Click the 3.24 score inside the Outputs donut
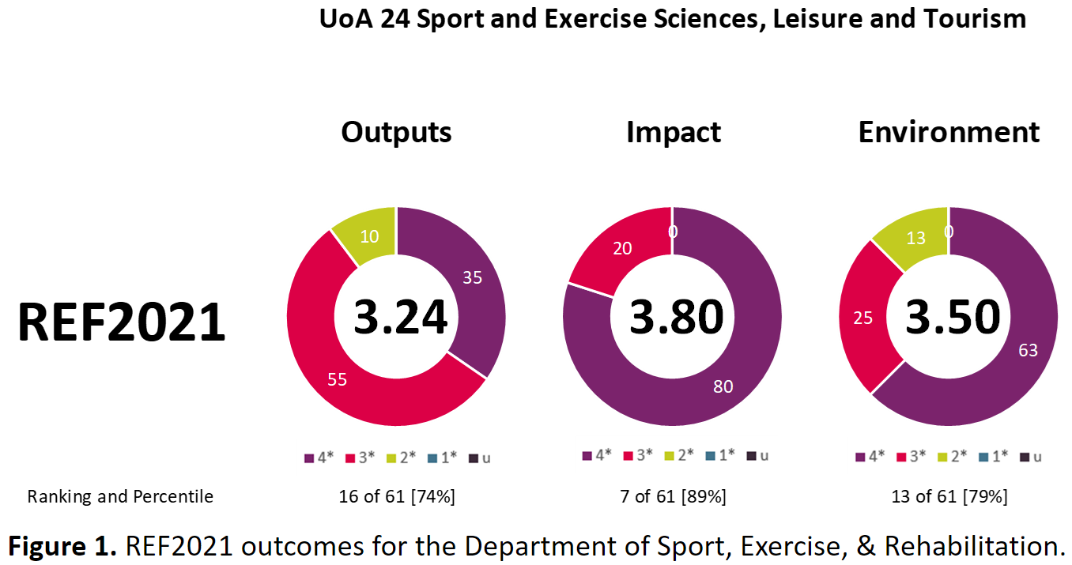(x=400, y=317)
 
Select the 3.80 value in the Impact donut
(x=676, y=317)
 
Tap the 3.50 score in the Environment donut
(x=952, y=317)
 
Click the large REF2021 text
(x=121, y=322)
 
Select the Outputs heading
(x=396, y=132)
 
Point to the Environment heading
(x=949, y=132)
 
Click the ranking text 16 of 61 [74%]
(x=396, y=497)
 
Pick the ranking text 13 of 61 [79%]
(x=948, y=497)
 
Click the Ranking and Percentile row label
(x=120, y=497)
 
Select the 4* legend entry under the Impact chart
(x=597, y=455)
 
